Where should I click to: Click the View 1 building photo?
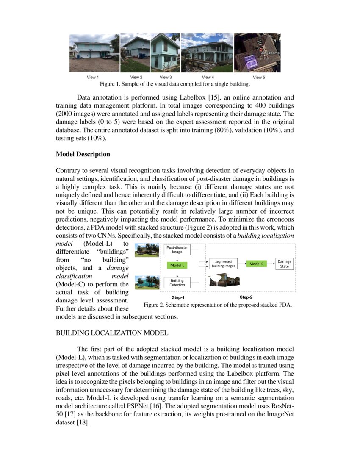[94, 53]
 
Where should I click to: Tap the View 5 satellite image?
[257, 53]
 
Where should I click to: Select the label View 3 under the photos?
[166, 77]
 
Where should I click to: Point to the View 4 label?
[208, 77]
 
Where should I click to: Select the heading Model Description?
[83, 154]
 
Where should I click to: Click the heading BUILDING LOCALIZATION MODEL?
[112, 333]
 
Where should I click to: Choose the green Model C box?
[256, 264]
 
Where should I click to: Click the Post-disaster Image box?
[177, 250]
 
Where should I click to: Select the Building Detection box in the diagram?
[177, 283]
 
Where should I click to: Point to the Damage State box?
[284, 264]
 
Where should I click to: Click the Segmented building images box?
[223, 264]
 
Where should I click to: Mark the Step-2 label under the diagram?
[247, 297]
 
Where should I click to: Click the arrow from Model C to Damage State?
[271, 264]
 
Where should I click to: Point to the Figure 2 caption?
[217, 305]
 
